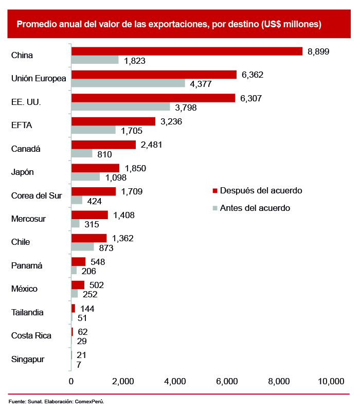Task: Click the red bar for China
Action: (187, 51)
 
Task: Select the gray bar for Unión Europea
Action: (128, 83)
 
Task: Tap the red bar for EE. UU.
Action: (153, 98)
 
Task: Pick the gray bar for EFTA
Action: (94, 130)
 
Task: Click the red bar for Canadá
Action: (103, 145)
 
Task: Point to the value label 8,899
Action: (318, 51)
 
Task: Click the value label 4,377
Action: (201, 84)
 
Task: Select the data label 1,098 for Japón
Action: (116, 177)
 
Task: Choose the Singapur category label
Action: (28, 359)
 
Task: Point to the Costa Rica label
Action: (31, 336)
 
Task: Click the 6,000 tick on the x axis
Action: (227, 381)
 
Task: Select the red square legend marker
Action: (215, 191)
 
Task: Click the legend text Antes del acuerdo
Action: (255, 208)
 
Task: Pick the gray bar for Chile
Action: (83, 247)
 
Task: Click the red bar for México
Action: (78, 284)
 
